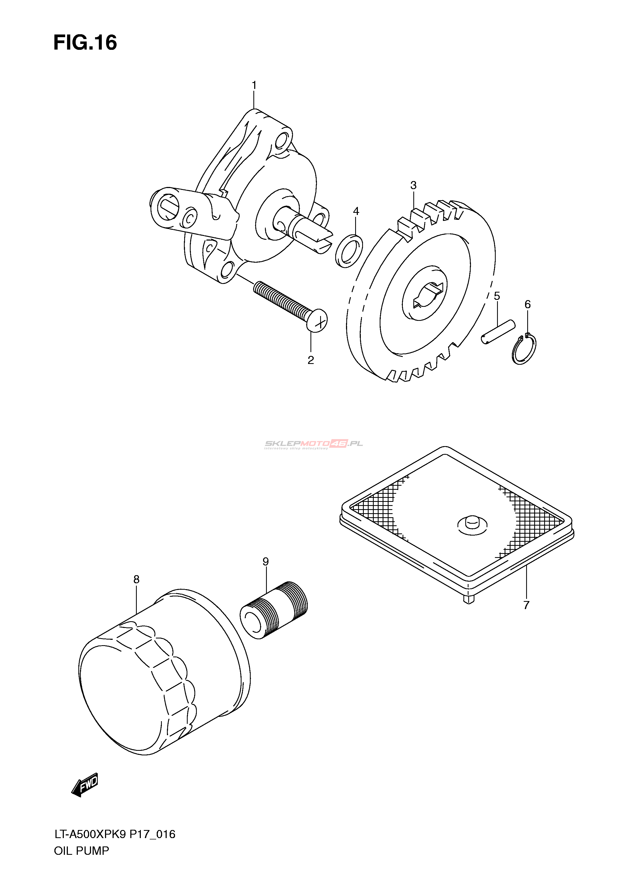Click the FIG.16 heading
(x=85, y=43)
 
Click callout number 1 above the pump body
(x=254, y=85)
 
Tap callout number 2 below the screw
(x=311, y=360)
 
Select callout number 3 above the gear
(x=413, y=185)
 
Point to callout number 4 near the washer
(x=356, y=211)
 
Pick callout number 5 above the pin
(x=497, y=296)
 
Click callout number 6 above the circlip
(x=527, y=305)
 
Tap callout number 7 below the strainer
(x=526, y=605)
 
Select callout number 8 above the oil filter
(x=136, y=579)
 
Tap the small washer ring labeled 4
(x=349, y=251)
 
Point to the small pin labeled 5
(x=498, y=331)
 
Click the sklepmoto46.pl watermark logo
(x=314, y=444)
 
